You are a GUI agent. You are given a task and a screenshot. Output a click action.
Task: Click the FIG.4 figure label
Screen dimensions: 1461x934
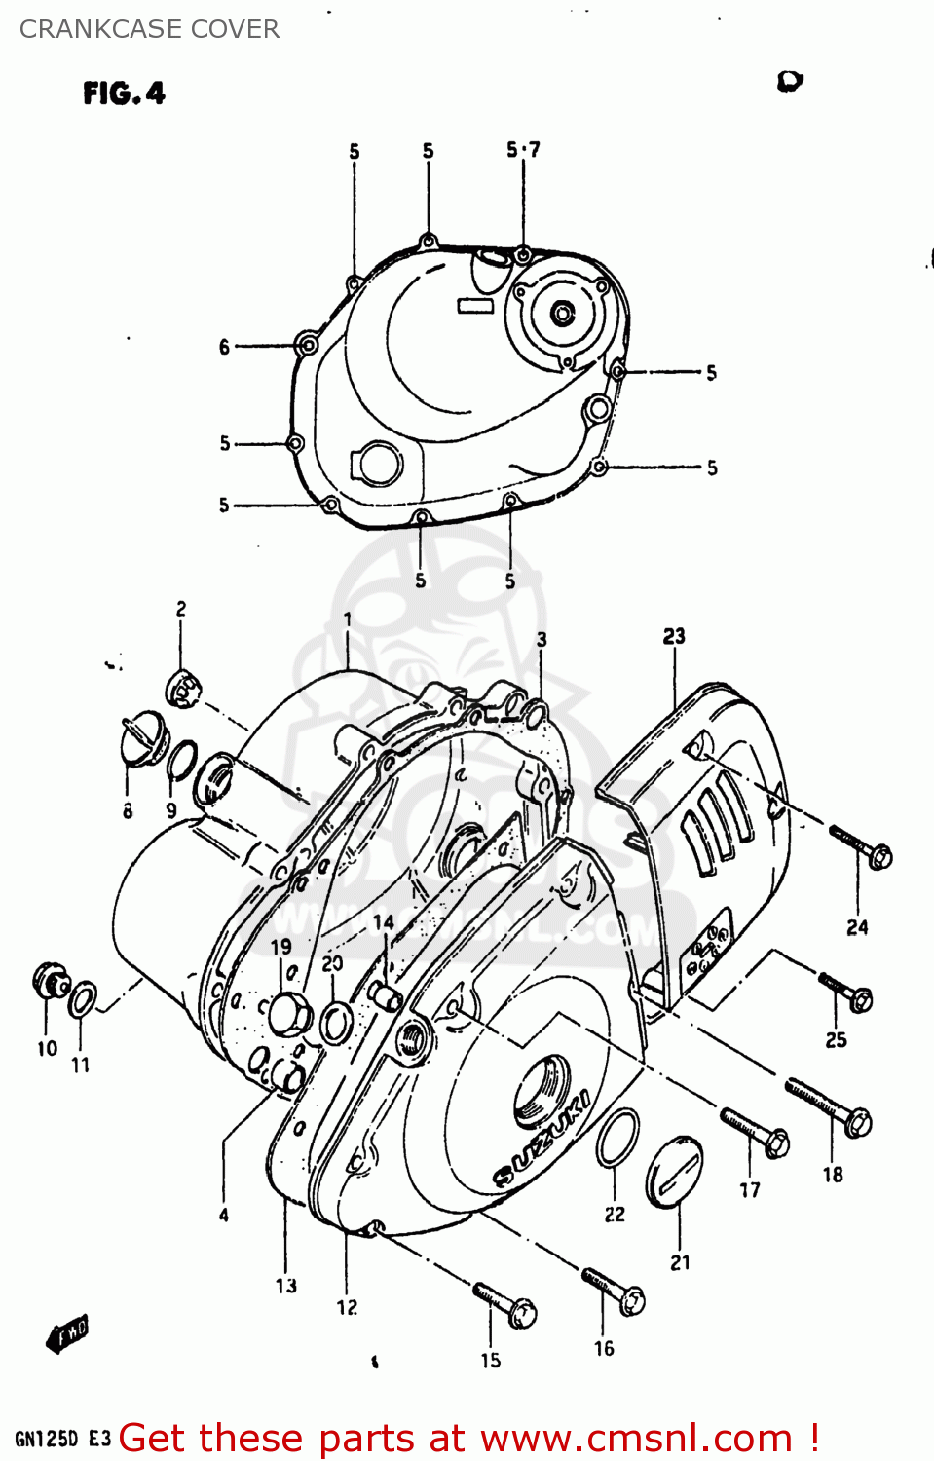(x=124, y=94)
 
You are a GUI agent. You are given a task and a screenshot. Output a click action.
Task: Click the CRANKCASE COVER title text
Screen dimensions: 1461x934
(x=149, y=29)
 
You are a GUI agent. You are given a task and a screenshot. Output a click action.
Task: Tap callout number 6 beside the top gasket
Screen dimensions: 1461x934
(x=224, y=347)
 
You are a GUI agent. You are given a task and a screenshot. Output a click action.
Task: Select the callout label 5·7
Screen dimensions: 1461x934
(x=523, y=149)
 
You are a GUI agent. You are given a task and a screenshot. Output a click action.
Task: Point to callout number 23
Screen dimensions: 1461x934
(x=674, y=636)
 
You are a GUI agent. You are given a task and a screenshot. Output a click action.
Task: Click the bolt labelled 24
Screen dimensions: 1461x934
(x=862, y=846)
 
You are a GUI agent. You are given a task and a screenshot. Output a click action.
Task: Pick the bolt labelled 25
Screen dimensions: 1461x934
(x=845, y=991)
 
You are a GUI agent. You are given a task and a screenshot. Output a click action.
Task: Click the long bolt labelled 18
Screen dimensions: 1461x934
(x=829, y=1106)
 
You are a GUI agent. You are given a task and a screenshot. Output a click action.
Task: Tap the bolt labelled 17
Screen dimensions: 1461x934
(x=755, y=1132)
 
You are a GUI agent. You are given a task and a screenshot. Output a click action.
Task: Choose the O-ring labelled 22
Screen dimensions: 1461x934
(x=617, y=1137)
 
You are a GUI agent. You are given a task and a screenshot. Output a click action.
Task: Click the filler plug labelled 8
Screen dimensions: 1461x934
(x=135, y=741)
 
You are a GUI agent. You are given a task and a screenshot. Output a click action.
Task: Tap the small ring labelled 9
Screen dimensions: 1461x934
(x=181, y=760)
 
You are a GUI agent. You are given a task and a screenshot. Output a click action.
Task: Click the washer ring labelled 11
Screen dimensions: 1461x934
(x=83, y=999)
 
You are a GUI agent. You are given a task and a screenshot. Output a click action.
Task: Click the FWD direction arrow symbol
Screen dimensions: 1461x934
(x=67, y=1333)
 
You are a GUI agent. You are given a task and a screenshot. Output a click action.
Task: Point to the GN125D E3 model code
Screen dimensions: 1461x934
(x=63, y=1439)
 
